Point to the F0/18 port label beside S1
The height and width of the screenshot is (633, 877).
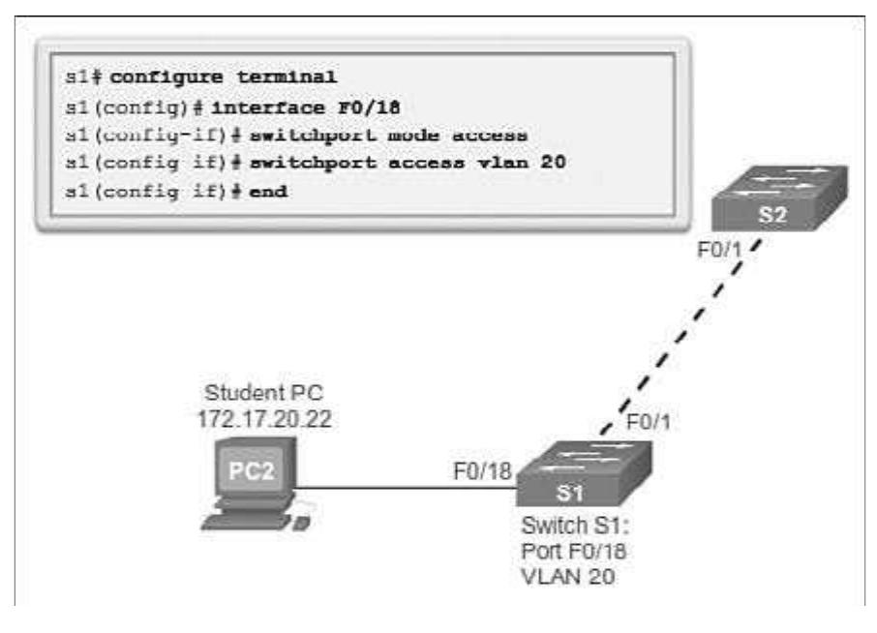coord(482,472)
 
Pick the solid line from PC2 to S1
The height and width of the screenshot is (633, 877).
coord(407,489)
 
